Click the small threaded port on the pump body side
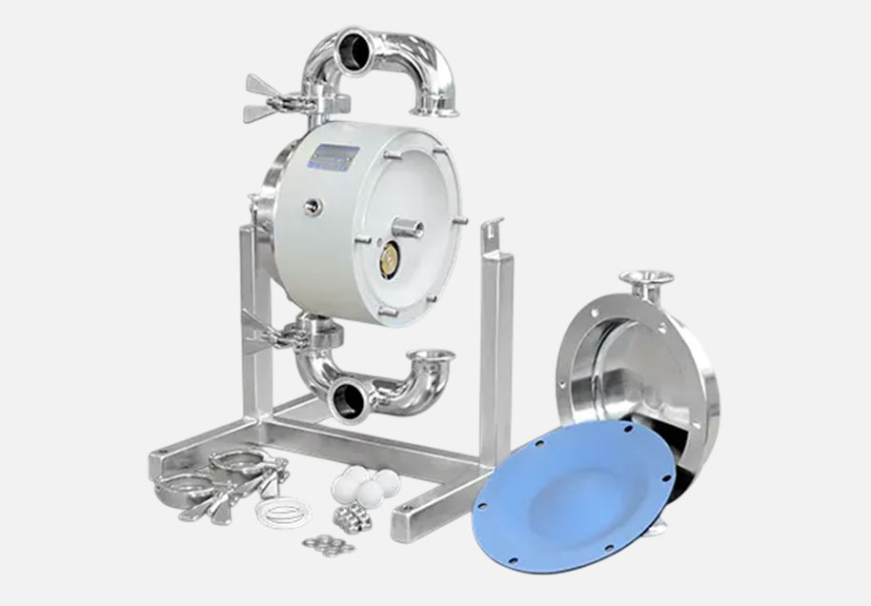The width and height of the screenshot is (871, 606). pyautogui.click(x=312, y=206)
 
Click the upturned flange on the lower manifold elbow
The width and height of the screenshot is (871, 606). pyautogui.click(x=430, y=357)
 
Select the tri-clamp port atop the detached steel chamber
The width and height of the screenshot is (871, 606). pyautogui.click(x=647, y=277)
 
